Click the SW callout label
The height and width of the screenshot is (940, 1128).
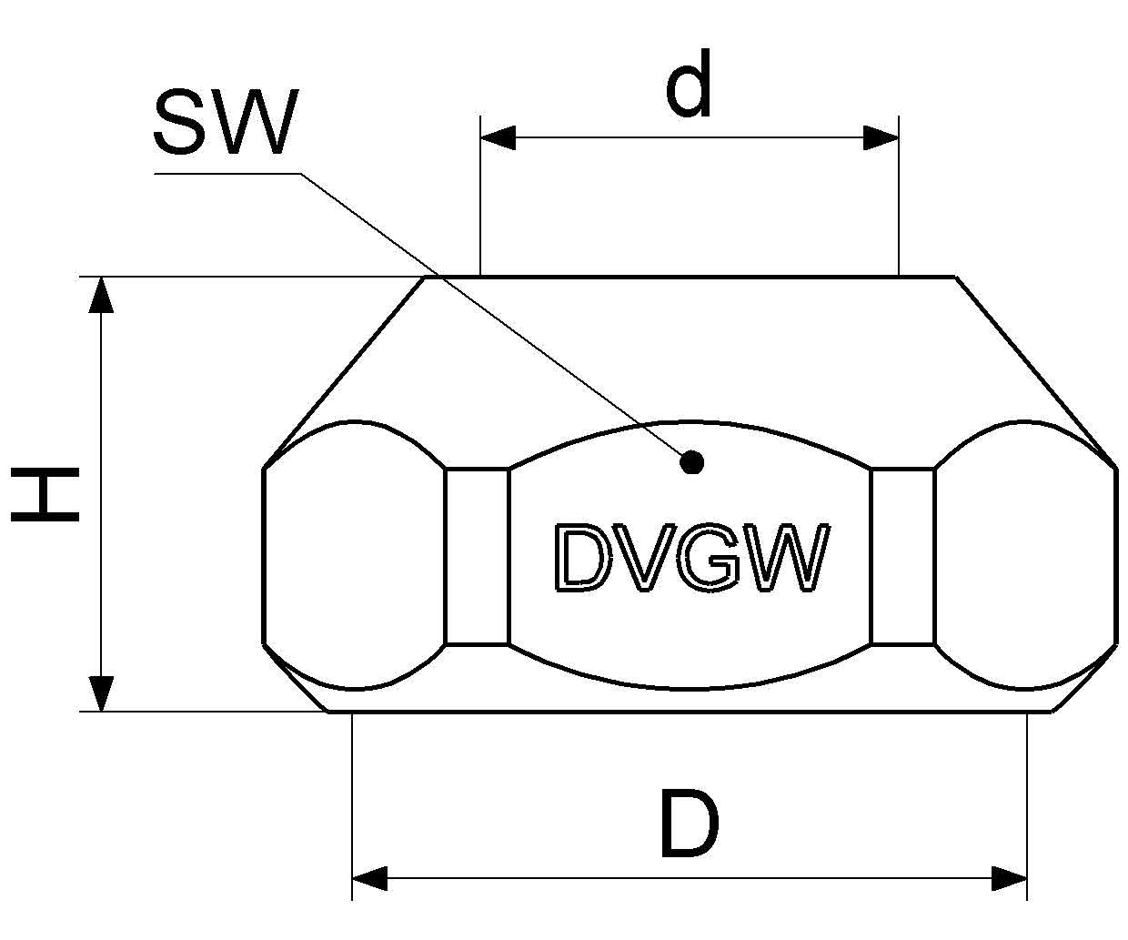pos(224,124)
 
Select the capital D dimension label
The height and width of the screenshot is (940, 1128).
pos(689,825)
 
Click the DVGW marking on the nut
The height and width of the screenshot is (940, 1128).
pos(690,558)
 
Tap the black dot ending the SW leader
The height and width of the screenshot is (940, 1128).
pos(692,463)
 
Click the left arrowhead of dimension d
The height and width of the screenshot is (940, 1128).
pos(498,138)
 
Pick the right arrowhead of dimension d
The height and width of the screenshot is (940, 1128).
pos(881,138)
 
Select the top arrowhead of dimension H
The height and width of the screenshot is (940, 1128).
pos(102,295)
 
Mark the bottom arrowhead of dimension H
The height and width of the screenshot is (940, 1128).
pos(102,692)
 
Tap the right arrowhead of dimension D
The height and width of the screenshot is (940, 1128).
pos(1009,879)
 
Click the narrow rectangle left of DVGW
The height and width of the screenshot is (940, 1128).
pos(477,556)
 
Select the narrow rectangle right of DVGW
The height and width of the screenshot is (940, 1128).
pos(902,556)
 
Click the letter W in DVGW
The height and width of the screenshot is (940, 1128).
pos(787,558)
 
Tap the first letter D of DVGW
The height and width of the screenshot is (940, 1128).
pos(579,558)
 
